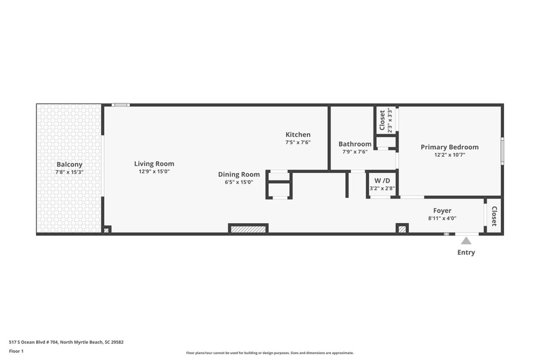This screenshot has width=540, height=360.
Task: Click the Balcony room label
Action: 69,165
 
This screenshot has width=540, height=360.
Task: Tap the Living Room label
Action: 154,164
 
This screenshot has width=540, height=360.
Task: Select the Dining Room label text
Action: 239,174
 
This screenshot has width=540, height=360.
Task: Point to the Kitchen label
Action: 298,134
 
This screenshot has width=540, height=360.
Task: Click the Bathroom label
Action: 355,144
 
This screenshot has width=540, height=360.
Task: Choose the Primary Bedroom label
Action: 449,147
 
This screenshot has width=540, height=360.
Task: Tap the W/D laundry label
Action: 382,180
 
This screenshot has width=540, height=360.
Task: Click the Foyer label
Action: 442,211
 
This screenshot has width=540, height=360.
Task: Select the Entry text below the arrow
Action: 466,253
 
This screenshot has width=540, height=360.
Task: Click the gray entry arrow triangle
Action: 466,241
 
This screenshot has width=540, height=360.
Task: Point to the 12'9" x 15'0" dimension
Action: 154,172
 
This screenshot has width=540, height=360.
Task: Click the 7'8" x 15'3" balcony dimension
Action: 69,172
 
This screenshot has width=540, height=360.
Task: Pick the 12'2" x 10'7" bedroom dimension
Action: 449,155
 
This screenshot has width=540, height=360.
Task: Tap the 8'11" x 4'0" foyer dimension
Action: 442,219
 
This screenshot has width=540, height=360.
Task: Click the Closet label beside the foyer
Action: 494,216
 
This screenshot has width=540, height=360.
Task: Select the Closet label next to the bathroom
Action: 382,120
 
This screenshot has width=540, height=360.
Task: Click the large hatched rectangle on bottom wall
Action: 249,229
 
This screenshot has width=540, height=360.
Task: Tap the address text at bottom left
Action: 66,343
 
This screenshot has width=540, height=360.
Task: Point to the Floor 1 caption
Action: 16,352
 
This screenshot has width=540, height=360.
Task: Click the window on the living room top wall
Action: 120,105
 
